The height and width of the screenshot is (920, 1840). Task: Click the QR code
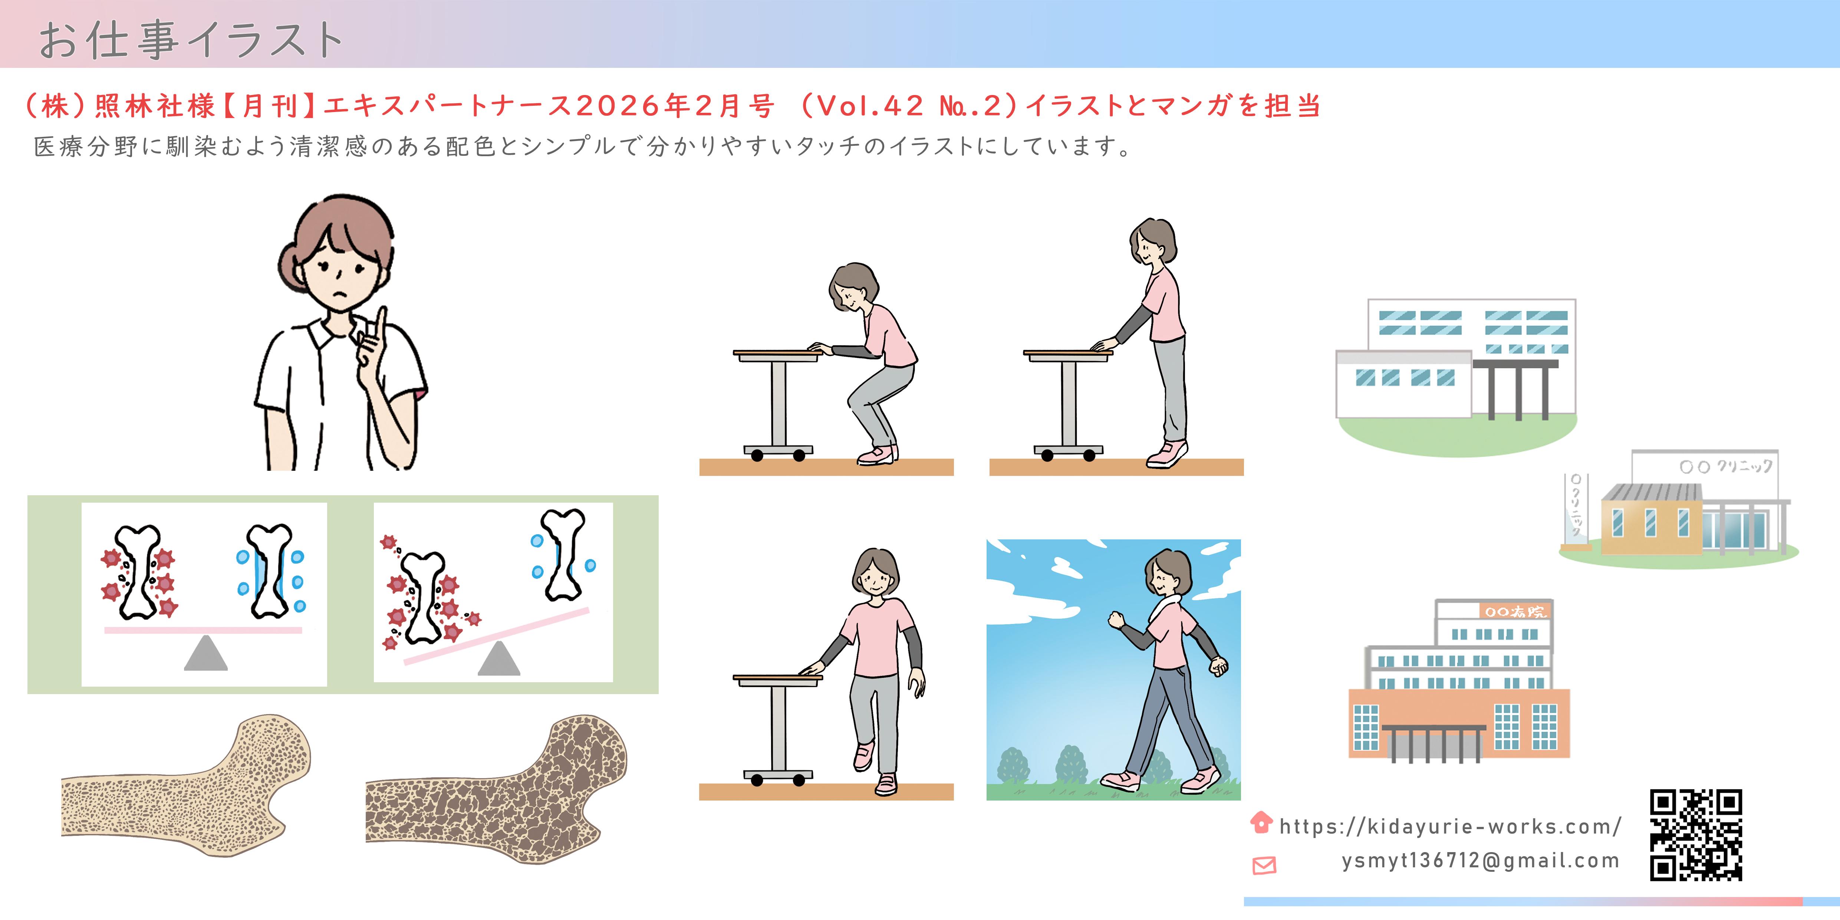[x=1696, y=834]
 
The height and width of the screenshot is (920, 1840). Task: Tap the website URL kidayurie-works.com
[x=1450, y=827]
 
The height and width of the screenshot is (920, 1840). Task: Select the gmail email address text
[x=1480, y=861]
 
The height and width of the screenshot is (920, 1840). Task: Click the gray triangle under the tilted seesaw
[x=498, y=658]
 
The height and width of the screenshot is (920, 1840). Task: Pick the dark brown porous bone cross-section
[x=496, y=789]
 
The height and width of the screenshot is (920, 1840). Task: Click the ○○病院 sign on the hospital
[x=1514, y=611]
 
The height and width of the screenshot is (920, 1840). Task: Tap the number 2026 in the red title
[x=618, y=106]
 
